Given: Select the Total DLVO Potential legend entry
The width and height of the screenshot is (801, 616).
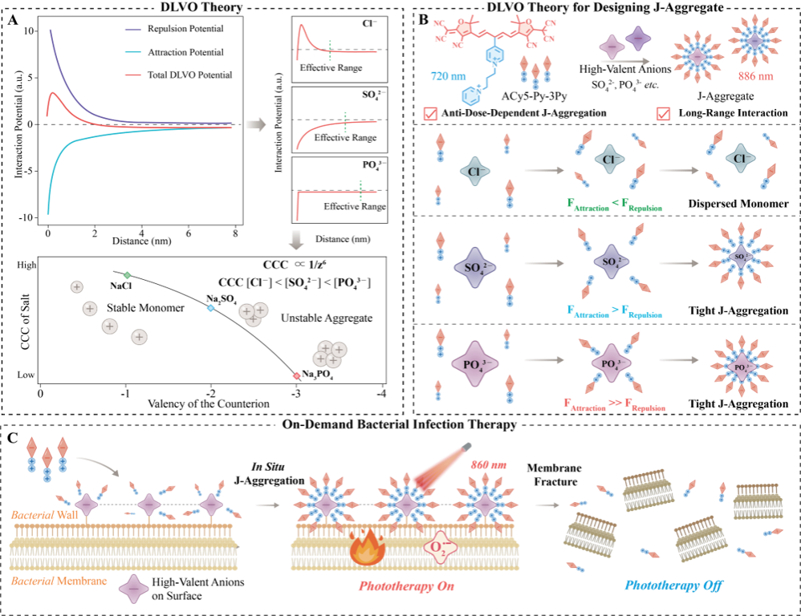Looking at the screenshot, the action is pyautogui.click(x=179, y=75).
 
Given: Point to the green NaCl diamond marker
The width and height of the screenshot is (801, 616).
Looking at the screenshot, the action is pyautogui.click(x=127, y=275).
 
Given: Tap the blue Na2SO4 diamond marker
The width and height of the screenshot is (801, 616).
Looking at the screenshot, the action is pyautogui.click(x=210, y=308).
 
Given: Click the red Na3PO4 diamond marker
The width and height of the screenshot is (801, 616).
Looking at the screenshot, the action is pyautogui.click(x=296, y=376).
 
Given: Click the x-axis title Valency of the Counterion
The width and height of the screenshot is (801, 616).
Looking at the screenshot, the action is pyautogui.click(x=209, y=403).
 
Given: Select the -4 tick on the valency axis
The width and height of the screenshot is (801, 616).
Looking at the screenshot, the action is pyautogui.click(x=381, y=394).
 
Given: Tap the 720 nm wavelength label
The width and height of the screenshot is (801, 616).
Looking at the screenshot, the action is pyautogui.click(x=448, y=76).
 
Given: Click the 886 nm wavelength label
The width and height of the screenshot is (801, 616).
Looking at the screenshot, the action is pyautogui.click(x=755, y=76).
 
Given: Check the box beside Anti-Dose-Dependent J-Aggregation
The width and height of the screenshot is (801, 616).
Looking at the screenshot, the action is pyautogui.click(x=431, y=113).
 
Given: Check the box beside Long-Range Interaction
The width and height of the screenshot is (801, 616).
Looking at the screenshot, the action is pyautogui.click(x=663, y=113).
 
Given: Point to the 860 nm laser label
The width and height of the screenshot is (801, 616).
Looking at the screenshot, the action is pyautogui.click(x=489, y=465).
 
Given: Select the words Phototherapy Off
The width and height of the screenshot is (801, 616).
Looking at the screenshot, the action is pyautogui.click(x=674, y=586).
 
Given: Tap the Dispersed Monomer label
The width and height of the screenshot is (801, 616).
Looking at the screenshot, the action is pyautogui.click(x=738, y=204).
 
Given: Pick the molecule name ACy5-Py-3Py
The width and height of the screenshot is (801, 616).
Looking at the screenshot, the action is pyautogui.click(x=535, y=95).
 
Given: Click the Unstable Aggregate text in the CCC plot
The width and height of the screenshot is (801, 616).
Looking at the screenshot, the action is pyautogui.click(x=327, y=318).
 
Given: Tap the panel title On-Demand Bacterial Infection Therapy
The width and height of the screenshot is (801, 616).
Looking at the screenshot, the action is pyautogui.click(x=399, y=424).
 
